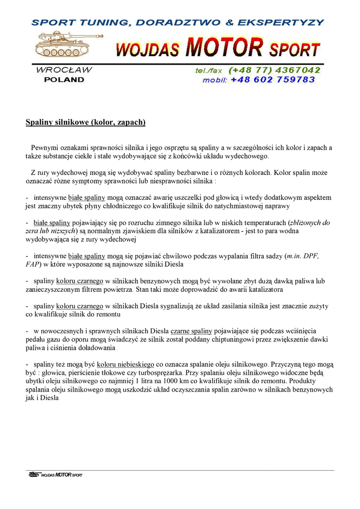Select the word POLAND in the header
coord(64,80)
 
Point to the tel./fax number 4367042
coord(297,70)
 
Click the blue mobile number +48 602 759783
coord(273,80)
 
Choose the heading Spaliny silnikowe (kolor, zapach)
coord(86,122)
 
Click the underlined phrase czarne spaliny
coord(191,331)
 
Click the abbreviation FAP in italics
coord(33,264)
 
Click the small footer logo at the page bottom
coord(55,475)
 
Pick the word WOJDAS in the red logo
coord(148,50)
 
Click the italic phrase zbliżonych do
coord(310,223)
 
